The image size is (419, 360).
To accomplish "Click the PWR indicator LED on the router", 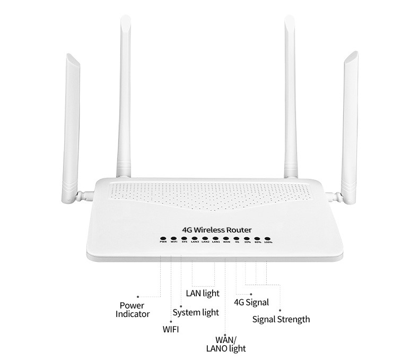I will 163,239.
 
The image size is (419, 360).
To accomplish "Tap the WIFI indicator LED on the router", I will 174,239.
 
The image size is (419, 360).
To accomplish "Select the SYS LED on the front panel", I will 184,239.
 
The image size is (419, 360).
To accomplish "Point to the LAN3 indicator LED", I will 195,239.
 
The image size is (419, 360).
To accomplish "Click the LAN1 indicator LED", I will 216,239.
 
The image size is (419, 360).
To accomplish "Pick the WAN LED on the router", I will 226,239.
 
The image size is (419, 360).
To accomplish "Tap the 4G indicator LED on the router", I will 237,239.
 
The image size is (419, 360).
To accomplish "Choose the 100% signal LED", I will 268,239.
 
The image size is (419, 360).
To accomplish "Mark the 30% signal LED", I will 247,239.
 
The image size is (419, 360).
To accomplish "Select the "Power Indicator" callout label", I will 132,310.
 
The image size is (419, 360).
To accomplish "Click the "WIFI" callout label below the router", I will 170,330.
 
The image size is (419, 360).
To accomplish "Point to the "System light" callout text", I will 196,312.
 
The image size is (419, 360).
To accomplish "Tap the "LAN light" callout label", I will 202,293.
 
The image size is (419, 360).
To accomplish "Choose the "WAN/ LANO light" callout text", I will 226,344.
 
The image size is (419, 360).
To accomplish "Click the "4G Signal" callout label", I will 251,303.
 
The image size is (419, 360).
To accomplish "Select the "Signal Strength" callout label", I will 281,319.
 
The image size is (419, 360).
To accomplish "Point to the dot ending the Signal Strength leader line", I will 279,310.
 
